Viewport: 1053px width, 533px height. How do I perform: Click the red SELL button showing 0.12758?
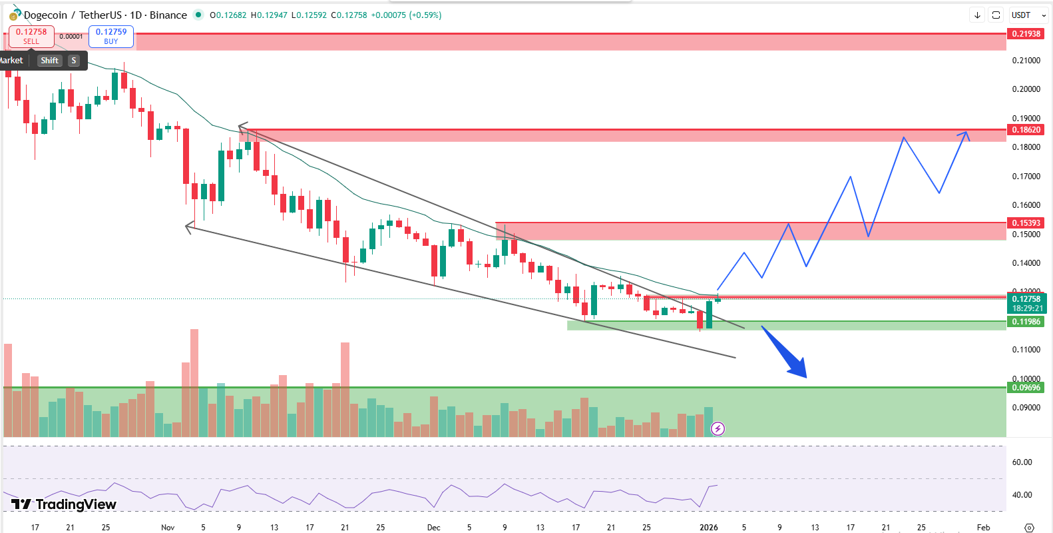click(x=31, y=36)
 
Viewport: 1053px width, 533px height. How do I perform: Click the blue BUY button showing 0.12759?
click(x=111, y=36)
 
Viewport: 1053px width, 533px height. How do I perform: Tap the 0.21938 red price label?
click(x=1026, y=34)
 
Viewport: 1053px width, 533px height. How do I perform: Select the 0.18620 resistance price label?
click(x=1026, y=130)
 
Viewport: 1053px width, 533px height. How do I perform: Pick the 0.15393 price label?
click(x=1026, y=223)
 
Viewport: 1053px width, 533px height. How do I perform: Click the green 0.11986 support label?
click(x=1026, y=322)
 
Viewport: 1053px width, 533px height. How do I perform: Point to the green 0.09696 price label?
click(x=1026, y=388)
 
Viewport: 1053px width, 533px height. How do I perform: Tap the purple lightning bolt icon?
click(x=718, y=428)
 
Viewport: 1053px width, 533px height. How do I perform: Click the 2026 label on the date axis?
click(x=709, y=527)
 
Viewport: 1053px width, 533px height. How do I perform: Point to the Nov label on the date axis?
click(x=168, y=527)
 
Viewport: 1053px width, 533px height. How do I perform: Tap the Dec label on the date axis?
click(x=433, y=527)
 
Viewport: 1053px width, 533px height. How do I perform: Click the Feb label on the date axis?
click(x=983, y=527)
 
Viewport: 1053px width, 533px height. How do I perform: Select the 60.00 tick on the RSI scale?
click(x=1022, y=462)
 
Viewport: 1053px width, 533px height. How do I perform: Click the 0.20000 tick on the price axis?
click(x=1026, y=89)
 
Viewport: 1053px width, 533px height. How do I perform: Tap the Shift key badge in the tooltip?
click(x=49, y=61)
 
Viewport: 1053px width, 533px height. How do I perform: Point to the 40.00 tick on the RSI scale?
click(x=1022, y=495)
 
